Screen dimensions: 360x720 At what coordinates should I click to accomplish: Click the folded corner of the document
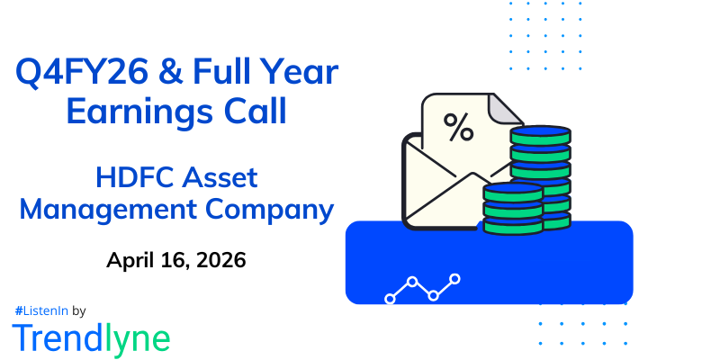[x=507, y=110]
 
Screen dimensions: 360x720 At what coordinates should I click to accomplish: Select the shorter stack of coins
[x=512, y=210]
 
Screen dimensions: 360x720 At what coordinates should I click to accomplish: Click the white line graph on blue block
[x=422, y=288]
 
